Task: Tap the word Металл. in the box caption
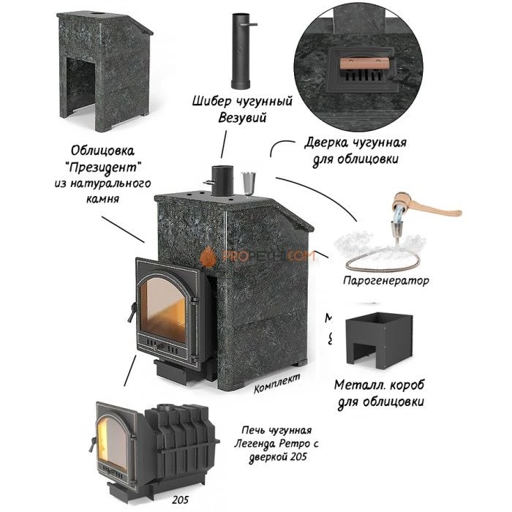[x=356, y=386]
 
